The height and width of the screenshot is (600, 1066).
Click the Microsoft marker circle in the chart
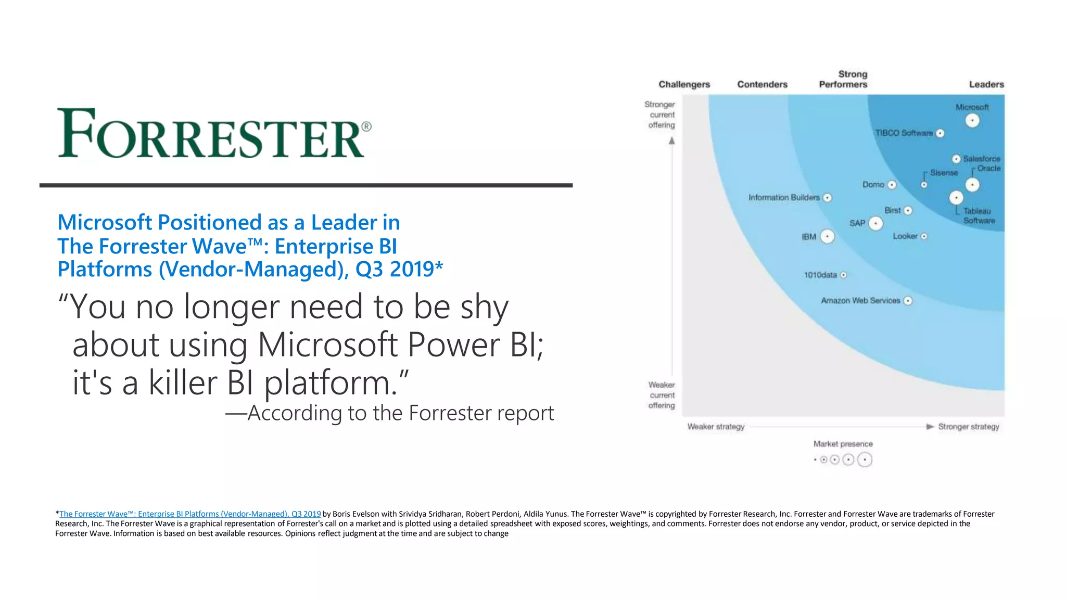pos(972,121)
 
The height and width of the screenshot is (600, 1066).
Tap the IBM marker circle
pos(827,237)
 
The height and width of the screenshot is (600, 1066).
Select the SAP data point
pos(876,224)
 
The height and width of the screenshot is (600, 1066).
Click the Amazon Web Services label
pos(860,301)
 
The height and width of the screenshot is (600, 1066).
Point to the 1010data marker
pos(843,275)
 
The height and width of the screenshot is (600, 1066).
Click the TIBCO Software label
pos(904,133)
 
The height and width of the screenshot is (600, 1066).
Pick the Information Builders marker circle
pos(827,198)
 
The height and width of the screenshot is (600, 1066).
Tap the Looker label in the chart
pos(905,236)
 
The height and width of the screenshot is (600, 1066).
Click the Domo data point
pos(892,185)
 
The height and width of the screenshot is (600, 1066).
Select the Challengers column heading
pos(684,84)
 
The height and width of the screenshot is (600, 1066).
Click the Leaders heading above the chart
pos(986,84)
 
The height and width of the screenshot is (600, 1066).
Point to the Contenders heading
pos(762,84)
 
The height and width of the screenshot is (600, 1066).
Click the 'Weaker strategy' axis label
pos(716,427)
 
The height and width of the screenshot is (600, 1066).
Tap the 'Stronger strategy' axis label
pos(968,427)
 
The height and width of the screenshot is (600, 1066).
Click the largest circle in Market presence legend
pos(865,460)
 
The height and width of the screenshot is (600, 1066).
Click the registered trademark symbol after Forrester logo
pos(366,126)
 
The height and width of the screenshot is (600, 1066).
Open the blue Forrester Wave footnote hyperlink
pos(190,514)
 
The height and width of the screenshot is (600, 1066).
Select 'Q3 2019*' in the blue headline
pos(399,270)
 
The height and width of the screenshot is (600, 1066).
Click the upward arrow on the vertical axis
pos(672,141)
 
